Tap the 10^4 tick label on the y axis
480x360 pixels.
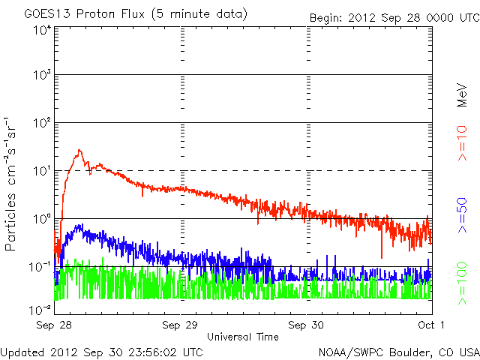pyautogui.click(x=41, y=30)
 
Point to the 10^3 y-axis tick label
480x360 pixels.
pyautogui.click(x=41, y=76)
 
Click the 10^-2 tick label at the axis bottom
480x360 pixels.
pyautogui.click(x=40, y=309)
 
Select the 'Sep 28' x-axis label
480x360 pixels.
pyautogui.click(x=54, y=325)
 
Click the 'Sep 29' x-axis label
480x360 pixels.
pyautogui.click(x=181, y=325)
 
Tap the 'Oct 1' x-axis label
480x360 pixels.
pyautogui.click(x=431, y=325)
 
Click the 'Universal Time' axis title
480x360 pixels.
pyautogui.click(x=243, y=337)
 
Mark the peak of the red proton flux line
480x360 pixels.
pyautogui.click(x=78, y=151)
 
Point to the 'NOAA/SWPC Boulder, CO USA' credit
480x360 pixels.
pyautogui.click(x=397, y=351)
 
